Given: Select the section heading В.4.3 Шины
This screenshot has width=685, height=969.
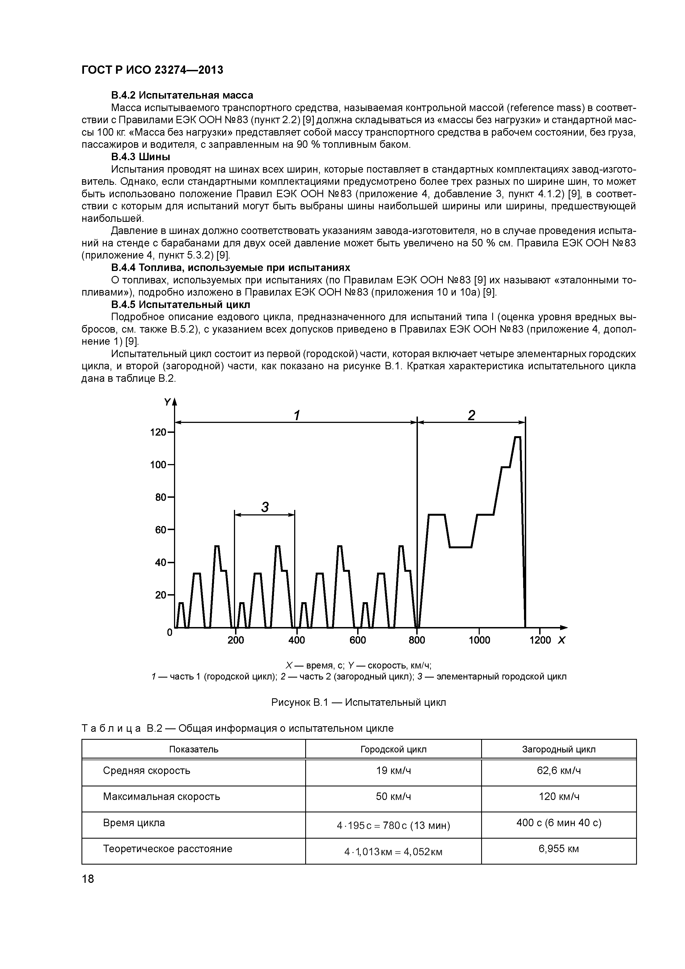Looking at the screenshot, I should (141, 157).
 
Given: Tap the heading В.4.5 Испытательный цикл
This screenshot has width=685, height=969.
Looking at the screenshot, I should (181, 304).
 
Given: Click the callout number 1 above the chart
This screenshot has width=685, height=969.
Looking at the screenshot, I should (297, 416).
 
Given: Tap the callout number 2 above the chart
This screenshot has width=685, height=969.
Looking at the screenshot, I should (471, 416).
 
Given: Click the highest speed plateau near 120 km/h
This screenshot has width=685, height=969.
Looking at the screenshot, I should (517, 437).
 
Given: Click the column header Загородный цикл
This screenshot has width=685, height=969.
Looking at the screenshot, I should (558, 749).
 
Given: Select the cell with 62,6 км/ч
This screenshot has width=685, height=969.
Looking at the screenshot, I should (558, 771).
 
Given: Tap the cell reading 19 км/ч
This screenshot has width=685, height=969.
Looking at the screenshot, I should (393, 771).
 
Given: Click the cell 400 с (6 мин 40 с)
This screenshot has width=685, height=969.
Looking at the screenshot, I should (558, 823).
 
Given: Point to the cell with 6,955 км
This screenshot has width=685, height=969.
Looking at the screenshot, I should (558, 849).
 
